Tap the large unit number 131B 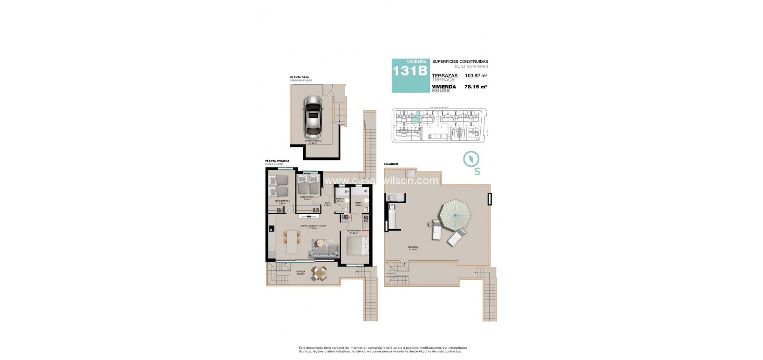410,71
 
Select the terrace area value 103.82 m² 473,75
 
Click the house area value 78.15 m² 476,86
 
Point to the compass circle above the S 472,159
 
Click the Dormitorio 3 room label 282,201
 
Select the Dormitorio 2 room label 307,197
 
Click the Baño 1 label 359,203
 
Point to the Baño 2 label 340,199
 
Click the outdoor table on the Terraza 319,274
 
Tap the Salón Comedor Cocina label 313,226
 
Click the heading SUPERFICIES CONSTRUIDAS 460,61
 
